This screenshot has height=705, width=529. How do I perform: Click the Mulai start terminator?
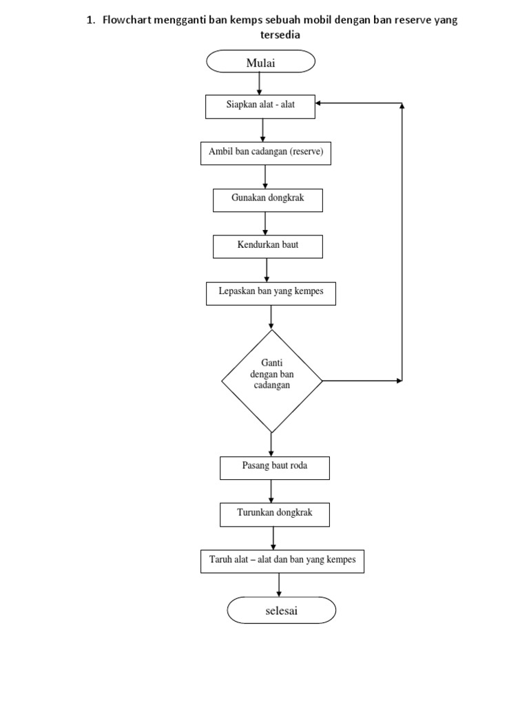[260, 63]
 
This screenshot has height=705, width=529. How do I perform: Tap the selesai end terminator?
[281, 611]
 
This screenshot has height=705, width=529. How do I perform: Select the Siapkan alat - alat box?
[260, 106]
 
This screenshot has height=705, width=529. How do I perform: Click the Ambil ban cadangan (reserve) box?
[265, 153]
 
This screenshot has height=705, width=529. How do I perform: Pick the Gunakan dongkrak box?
[267, 200]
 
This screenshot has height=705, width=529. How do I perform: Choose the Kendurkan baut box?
[267, 246]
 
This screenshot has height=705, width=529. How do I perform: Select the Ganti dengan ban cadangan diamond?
[271, 380]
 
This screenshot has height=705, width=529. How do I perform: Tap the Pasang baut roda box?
[274, 467]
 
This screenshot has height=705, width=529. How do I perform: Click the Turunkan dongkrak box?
[274, 514]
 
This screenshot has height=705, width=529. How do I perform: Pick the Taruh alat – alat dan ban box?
[282, 561]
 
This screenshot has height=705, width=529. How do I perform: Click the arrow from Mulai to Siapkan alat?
[260, 83]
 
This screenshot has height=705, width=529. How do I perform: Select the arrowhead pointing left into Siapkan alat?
[320, 104]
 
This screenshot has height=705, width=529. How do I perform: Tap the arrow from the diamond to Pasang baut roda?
[271, 444]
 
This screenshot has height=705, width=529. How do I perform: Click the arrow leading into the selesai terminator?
[279, 585]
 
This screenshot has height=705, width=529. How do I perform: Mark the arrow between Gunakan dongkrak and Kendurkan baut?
[267, 223]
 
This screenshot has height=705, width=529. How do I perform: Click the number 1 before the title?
[90, 20]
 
